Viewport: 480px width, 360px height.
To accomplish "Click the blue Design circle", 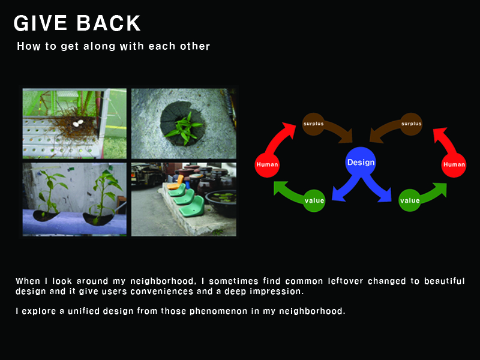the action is pyautogui.click(x=361, y=162).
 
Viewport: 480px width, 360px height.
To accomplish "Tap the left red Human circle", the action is pyautogui.click(x=267, y=164).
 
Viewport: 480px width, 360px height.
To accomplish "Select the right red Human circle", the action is pyautogui.click(x=454, y=164).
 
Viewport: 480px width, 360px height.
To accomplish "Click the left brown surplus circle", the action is pyautogui.click(x=313, y=124).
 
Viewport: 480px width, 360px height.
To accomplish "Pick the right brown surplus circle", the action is pyautogui.click(x=411, y=124).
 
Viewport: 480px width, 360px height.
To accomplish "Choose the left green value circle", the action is pyautogui.click(x=314, y=200).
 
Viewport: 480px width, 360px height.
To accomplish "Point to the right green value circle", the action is pyautogui.click(x=410, y=200).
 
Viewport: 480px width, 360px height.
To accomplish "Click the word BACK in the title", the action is pyautogui.click(x=108, y=23).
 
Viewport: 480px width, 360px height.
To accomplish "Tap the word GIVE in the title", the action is pyautogui.click(x=40, y=23).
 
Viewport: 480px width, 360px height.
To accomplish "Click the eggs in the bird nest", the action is pyautogui.click(x=78, y=123).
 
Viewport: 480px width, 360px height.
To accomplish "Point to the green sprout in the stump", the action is pyautogui.click(x=184, y=128).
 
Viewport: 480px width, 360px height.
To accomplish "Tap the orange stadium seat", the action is pyautogui.click(x=176, y=182).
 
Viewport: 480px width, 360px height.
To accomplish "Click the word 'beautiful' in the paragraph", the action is pyautogui.click(x=444, y=281).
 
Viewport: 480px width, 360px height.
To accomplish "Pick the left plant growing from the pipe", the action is pyautogui.click(x=50, y=193).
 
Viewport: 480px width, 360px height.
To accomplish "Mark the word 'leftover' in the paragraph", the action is pyautogui.click(x=346, y=281).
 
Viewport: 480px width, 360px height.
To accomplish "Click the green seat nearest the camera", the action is pyautogui.click(x=191, y=206).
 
